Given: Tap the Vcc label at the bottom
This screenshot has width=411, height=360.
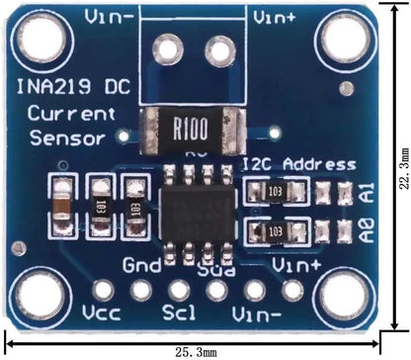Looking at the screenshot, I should tap(103, 316).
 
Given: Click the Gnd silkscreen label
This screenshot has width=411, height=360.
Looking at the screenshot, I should tap(141, 265).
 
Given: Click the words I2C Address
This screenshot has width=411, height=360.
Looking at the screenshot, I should tap(299, 162).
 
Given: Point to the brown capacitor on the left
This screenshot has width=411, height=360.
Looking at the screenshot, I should tap(62, 205).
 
